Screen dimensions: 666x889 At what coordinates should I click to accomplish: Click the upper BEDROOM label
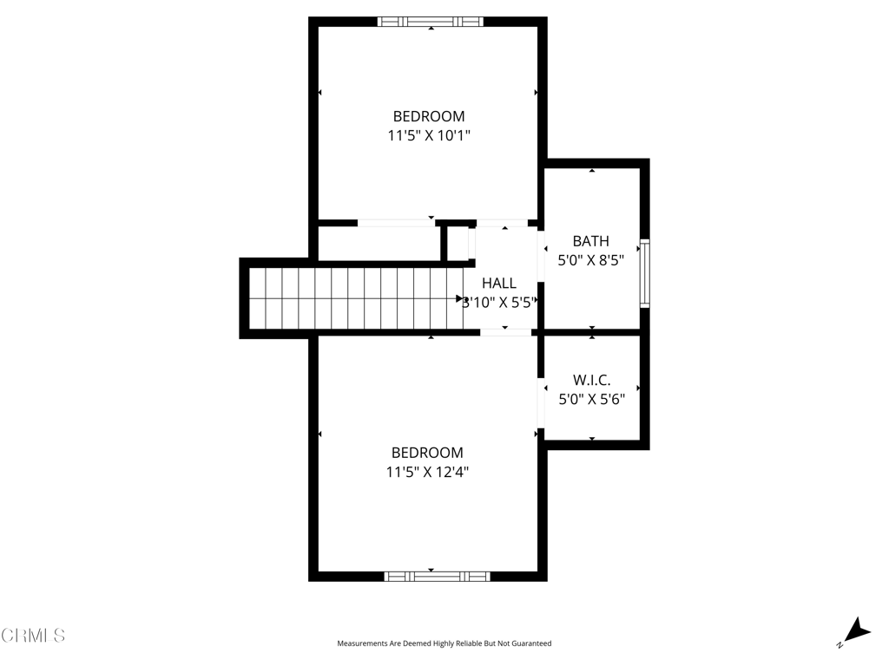click(429, 116)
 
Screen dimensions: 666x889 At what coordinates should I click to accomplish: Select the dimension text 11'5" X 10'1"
click(429, 135)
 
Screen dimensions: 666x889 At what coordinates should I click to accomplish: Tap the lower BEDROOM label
click(427, 453)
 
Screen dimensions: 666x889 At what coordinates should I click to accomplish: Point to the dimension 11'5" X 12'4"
click(427, 472)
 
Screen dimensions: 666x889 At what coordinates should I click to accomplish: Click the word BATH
click(590, 241)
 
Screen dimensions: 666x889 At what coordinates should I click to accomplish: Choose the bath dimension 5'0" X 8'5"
click(590, 258)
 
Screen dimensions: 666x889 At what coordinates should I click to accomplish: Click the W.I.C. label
click(591, 380)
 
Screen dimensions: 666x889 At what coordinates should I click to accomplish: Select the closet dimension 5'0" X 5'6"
click(591, 399)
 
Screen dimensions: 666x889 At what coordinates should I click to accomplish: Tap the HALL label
click(499, 283)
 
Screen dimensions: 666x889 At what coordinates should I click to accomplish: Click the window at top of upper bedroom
click(431, 22)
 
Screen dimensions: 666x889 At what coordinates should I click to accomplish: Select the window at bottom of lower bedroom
click(437, 576)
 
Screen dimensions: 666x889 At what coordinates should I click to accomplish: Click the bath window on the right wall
click(644, 273)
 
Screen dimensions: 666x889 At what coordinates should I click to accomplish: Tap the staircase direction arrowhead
click(460, 298)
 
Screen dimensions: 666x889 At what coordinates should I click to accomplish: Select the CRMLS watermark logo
click(33, 636)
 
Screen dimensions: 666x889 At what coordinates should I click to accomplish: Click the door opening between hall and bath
click(541, 257)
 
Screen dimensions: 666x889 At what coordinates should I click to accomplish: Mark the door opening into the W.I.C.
click(541, 403)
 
